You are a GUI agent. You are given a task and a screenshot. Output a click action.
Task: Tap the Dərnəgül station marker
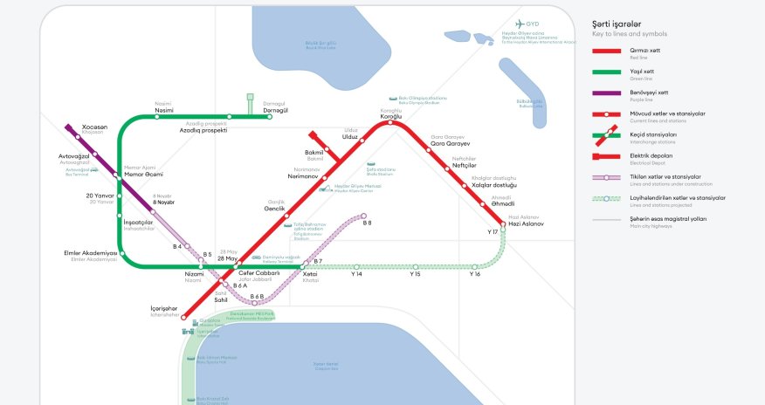[x=270, y=117]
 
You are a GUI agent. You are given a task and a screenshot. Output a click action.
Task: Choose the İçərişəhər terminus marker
[x=183, y=318]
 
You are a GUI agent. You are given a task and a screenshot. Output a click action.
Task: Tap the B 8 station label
[x=367, y=224]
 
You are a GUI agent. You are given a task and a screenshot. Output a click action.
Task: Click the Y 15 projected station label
[x=416, y=274]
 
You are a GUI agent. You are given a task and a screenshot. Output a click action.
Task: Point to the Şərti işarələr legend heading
[x=617, y=23]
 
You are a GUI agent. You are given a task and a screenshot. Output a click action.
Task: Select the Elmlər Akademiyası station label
[x=90, y=253]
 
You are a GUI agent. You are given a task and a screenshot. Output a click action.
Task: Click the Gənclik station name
[x=276, y=209]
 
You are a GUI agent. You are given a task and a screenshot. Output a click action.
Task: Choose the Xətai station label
[x=310, y=274]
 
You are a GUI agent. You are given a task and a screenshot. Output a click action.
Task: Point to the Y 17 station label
[x=492, y=232]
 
